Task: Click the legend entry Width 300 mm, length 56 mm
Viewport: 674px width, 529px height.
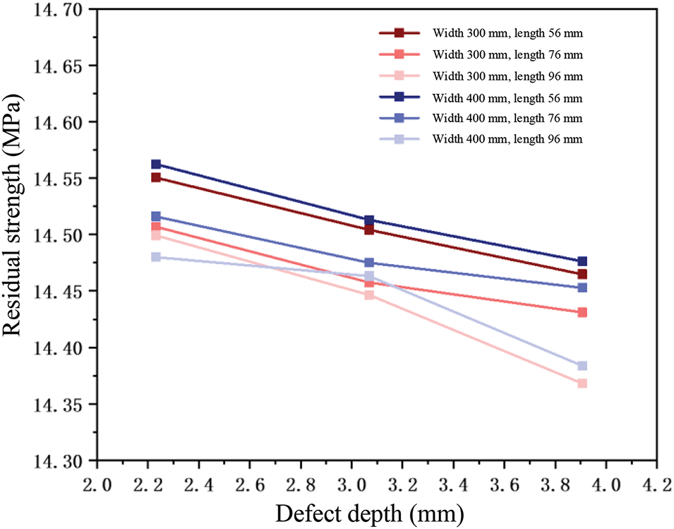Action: pyautogui.click(x=507, y=32)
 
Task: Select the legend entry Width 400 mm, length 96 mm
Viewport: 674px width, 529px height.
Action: pyautogui.click(x=507, y=139)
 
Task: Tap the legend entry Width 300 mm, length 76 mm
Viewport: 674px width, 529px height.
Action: pyautogui.click(x=507, y=54)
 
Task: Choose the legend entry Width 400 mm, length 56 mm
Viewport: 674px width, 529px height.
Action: pyautogui.click(x=507, y=97)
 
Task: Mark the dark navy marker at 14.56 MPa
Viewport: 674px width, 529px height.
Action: pyautogui.click(x=156, y=165)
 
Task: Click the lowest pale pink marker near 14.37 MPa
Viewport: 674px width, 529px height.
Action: pyautogui.click(x=582, y=384)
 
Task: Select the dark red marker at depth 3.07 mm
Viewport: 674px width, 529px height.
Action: pyautogui.click(x=369, y=230)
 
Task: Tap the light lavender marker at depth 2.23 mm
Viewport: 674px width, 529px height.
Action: pyautogui.click(x=156, y=257)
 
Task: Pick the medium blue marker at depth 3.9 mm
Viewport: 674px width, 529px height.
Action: pyautogui.click(x=582, y=287)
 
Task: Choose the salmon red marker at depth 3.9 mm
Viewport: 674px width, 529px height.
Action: pyautogui.click(x=582, y=312)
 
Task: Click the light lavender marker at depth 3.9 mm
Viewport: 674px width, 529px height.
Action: pyautogui.click(x=582, y=366)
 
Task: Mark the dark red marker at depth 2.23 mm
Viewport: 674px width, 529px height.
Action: pyautogui.click(x=156, y=177)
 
